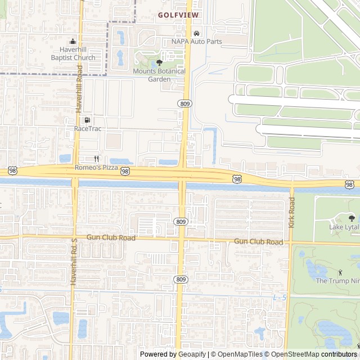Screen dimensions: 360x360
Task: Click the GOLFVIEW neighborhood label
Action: pos(178,15)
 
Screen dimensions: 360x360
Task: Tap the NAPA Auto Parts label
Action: pos(196,42)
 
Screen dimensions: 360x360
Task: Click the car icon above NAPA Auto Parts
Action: pos(196,33)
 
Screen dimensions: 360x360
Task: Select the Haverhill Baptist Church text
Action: pos(73,53)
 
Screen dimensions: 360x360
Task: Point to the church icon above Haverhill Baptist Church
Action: pos(73,41)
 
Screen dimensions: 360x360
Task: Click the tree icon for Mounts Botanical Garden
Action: pos(159,62)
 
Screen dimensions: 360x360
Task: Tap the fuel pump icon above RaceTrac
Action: pos(87,120)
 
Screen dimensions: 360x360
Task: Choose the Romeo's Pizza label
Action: pos(96,168)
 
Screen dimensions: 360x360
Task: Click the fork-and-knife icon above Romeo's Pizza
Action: pos(96,159)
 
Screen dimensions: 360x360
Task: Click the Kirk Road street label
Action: pos(291,212)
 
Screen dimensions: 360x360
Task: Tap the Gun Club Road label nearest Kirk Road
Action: pos(258,241)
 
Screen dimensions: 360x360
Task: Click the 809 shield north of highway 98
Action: pos(184,103)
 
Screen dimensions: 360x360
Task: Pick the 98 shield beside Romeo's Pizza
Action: pos(125,171)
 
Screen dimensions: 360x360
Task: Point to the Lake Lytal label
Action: pos(344,227)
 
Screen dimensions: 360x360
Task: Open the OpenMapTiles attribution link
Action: pos(236,354)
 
